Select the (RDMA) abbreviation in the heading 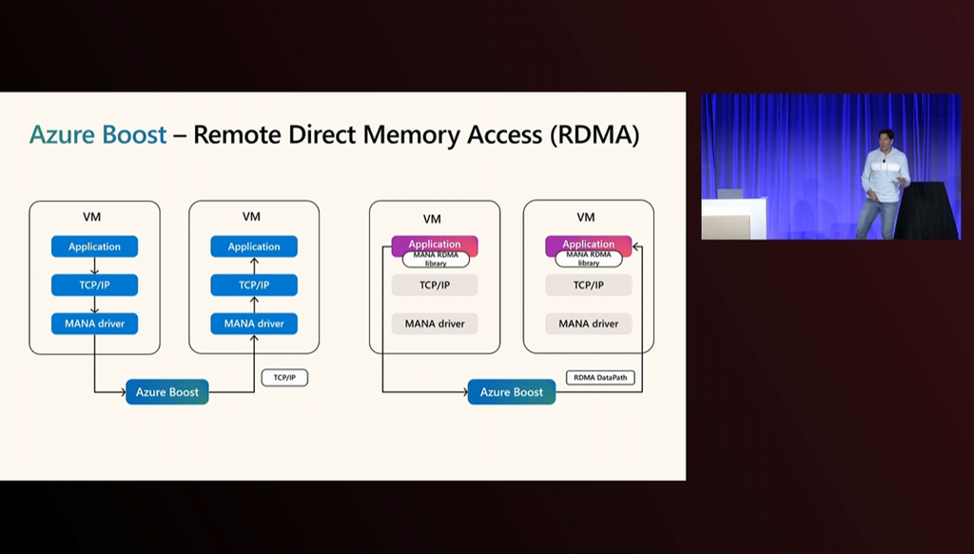594,135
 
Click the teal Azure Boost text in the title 98,135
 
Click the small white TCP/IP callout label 284,378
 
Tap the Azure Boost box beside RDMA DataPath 512,392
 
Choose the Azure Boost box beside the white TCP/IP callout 167,392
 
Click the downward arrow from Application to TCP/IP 94,266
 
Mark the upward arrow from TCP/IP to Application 254,266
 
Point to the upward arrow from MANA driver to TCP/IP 254,304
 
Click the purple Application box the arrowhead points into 588,245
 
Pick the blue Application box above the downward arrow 94,247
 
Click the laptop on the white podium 730,193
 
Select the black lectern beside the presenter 925,211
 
